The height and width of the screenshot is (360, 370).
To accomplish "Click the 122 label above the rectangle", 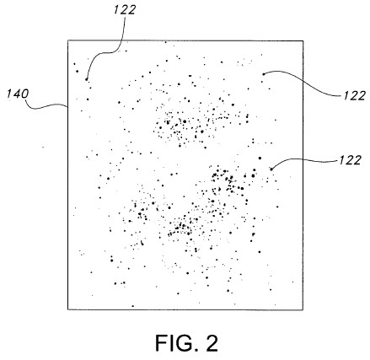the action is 125,10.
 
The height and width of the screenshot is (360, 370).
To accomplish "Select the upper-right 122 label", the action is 354,96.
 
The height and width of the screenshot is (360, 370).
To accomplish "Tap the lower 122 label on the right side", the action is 350,160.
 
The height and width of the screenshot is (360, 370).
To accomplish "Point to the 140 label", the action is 18,94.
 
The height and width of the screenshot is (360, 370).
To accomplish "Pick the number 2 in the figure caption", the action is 212,343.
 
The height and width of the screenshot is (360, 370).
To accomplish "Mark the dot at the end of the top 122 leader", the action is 87,79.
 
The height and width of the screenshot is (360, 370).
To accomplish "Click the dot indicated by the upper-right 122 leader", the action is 264,74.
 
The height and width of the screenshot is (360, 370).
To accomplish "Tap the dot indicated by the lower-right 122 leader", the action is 271,169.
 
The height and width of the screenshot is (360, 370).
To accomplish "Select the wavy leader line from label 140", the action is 46,106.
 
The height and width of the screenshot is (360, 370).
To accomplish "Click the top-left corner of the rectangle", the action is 68,40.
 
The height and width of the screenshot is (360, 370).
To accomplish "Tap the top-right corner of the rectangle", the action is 303,41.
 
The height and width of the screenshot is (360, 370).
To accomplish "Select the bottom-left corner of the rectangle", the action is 68,309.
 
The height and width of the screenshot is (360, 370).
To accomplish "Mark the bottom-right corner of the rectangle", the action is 303,309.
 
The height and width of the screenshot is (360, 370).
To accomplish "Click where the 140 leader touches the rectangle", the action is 67,106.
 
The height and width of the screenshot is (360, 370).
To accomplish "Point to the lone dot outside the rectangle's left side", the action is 43,147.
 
